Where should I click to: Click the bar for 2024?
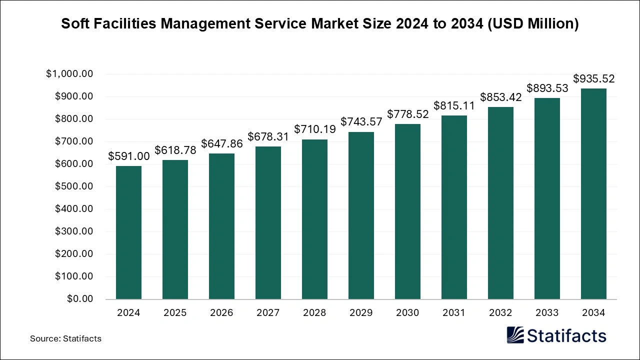tap(128, 232)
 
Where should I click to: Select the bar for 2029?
tap(361, 215)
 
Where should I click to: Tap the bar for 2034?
tap(593, 194)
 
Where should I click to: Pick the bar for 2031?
tap(454, 207)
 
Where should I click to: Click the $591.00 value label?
tap(128, 156)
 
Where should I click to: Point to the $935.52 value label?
tap(593, 79)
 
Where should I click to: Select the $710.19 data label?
tap(314, 129)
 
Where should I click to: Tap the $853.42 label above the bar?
tap(500, 97)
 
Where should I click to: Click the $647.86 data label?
tap(221, 144)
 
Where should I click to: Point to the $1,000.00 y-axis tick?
tap(69, 74)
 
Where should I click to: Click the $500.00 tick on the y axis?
tap(74, 186)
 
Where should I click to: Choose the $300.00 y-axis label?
tap(74, 231)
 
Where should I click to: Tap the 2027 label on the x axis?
tap(268, 313)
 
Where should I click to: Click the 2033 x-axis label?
tap(547, 313)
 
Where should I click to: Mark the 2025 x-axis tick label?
tap(175, 313)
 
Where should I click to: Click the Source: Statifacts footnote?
tap(65, 338)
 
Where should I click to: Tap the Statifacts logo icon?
tap(516, 335)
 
